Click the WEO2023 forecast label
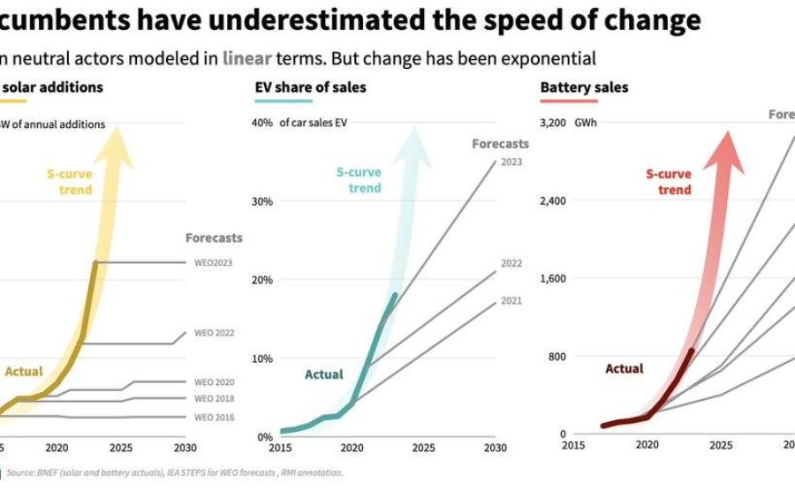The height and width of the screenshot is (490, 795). (x=213, y=262)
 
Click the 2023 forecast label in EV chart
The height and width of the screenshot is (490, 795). (x=511, y=162)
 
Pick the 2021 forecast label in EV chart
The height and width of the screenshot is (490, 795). (x=511, y=301)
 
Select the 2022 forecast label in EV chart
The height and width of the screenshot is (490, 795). (x=511, y=263)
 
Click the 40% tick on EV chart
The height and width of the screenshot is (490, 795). (x=262, y=123)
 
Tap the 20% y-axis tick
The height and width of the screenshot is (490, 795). (x=262, y=280)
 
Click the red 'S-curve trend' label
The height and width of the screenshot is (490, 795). (x=669, y=182)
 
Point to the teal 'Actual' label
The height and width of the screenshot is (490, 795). (x=324, y=374)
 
